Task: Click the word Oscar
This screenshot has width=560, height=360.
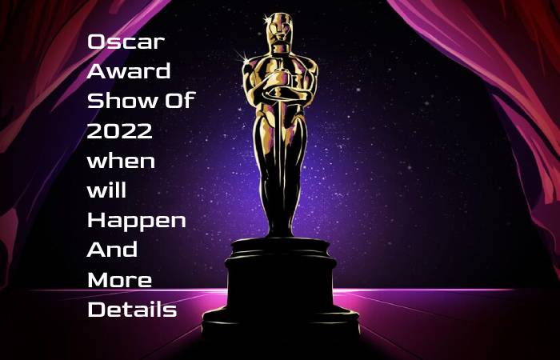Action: click(x=126, y=42)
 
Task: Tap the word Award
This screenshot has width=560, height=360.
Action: click(x=129, y=71)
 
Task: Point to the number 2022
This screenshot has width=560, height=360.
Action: click(x=120, y=131)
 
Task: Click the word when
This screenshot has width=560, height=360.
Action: click(x=121, y=161)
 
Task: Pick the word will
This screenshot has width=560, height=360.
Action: click(x=106, y=190)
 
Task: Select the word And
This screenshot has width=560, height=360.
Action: click(x=112, y=250)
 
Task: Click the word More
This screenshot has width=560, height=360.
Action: click(x=120, y=280)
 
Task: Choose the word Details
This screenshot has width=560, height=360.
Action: click(x=132, y=310)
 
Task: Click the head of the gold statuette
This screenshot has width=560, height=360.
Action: click(x=280, y=28)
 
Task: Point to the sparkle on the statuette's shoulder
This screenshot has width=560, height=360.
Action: click(x=244, y=57)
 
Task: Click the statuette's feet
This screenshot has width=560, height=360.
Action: click(x=280, y=229)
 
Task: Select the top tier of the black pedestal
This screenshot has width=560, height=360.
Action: click(x=280, y=246)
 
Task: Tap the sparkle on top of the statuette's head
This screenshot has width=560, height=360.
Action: click(x=266, y=18)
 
